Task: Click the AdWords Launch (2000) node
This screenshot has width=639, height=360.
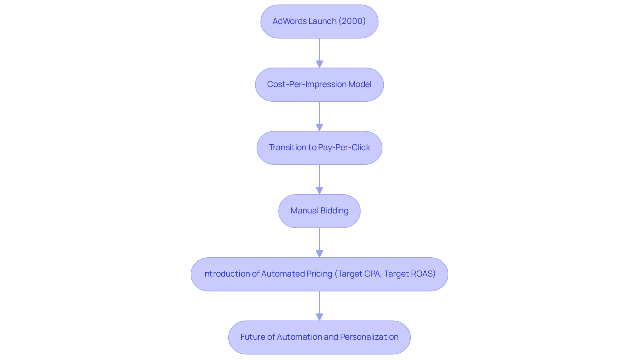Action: coord(319,21)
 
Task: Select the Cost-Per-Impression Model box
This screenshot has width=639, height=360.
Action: coord(319,84)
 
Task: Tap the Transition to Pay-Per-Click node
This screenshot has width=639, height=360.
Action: coord(319,148)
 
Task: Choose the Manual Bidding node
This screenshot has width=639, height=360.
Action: coord(319,211)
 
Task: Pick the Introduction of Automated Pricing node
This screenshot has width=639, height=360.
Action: coord(319,274)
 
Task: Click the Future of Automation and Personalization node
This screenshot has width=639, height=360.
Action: coord(319,337)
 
